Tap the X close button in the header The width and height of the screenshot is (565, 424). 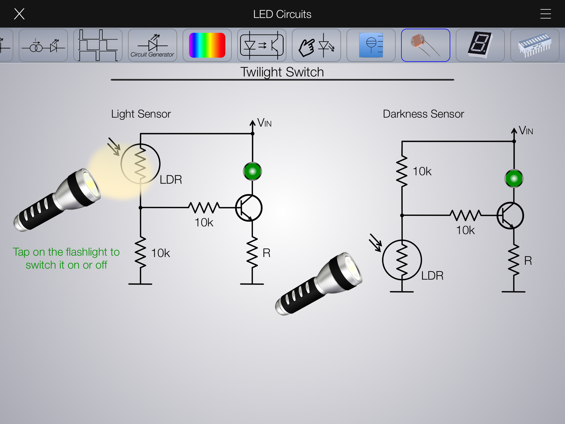pyautogui.click(x=19, y=14)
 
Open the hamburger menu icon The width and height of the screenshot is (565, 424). pyautogui.click(x=545, y=14)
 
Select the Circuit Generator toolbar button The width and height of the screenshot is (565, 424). pyautogui.click(x=153, y=45)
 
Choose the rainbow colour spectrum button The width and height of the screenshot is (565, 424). pyautogui.click(x=207, y=45)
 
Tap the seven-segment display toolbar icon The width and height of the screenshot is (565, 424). pyautogui.click(x=480, y=45)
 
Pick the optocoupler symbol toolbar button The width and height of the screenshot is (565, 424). pyautogui.click(x=262, y=45)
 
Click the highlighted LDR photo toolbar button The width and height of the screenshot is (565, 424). pyautogui.click(x=425, y=45)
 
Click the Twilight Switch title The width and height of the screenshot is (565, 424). pyautogui.click(x=282, y=72)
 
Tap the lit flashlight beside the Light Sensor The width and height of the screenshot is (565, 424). pyautogui.click(x=58, y=200)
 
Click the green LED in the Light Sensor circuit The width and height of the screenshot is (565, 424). pyautogui.click(x=252, y=171)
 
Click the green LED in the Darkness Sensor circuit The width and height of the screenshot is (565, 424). pyautogui.click(x=514, y=179)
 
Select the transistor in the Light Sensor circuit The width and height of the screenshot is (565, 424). pyautogui.click(x=249, y=208)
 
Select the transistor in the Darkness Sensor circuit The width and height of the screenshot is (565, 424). pyautogui.click(x=510, y=216)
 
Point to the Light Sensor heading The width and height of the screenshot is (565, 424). pyautogui.click(x=141, y=114)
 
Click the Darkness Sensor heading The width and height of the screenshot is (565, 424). pyautogui.click(x=423, y=114)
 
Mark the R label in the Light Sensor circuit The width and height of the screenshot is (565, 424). pyautogui.click(x=266, y=253)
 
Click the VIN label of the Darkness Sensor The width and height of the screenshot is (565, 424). pyautogui.click(x=526, y=131)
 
